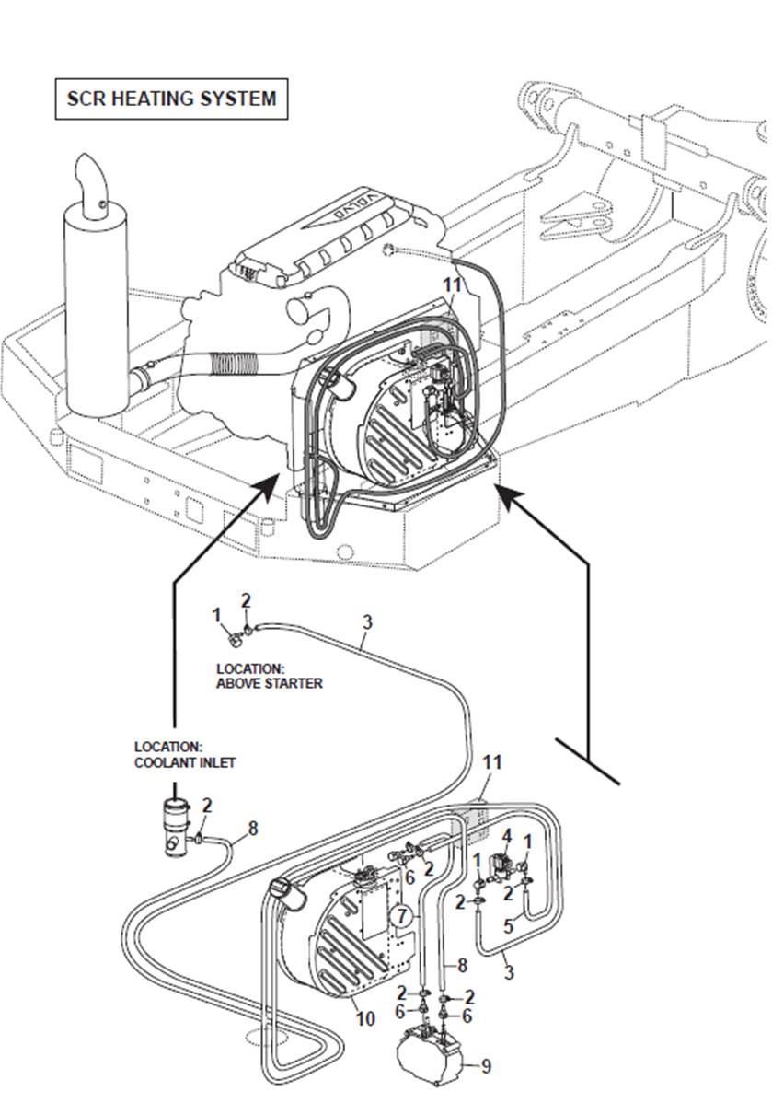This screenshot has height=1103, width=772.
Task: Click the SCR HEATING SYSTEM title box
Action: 171,98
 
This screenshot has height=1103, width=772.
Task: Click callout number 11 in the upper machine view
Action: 452,285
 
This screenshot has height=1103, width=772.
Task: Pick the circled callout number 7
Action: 399,916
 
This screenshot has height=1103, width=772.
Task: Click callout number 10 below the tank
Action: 365,1019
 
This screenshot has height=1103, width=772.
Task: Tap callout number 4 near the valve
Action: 506,835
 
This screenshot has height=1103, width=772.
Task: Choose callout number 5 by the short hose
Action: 508,927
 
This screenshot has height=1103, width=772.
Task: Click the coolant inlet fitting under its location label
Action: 175,828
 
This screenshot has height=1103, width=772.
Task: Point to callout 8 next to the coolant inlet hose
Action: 252,829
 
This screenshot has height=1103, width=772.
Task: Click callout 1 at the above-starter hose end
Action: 217,614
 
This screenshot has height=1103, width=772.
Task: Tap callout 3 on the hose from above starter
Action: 366,622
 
